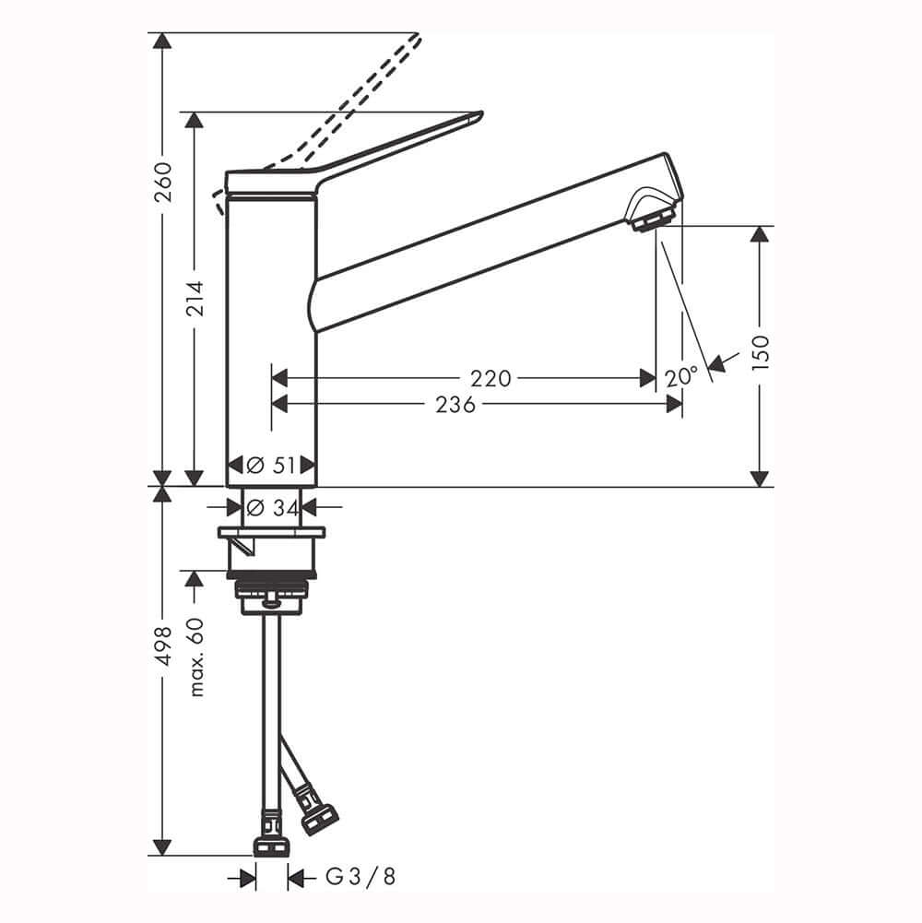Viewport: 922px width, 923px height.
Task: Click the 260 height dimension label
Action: (162, 182)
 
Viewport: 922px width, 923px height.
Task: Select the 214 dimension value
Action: (195, 299)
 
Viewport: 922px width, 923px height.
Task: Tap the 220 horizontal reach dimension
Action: (491, 378)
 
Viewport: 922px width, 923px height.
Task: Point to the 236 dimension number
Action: (455, 405)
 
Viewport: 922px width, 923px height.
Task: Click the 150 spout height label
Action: (761, 352)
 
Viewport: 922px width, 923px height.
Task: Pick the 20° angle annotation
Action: (681, 377)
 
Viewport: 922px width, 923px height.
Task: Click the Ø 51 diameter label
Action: (271, 465)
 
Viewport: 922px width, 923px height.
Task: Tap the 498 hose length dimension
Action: (162, 645)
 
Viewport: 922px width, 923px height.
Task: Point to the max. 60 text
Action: (196, 657)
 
